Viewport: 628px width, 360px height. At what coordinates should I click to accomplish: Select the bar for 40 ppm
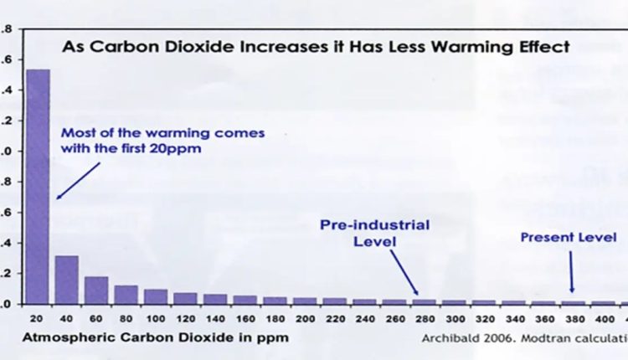pyautogui.click(x=67, y=280)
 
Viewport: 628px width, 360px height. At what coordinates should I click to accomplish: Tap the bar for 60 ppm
pyautogui.click(x=96, y=290)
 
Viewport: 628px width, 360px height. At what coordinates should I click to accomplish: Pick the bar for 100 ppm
pyautogui.click(x=155, y=296)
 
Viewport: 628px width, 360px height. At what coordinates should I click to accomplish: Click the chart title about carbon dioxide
pyautogui.click(x=316, y=47)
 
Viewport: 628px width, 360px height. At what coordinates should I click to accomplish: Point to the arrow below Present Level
pyautogui.click(x=571, y=272)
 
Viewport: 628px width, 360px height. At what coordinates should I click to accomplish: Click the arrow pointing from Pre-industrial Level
pyautogui.click(x=404, y=272)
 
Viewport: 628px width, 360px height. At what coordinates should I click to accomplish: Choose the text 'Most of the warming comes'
pyautogui.click(x=162, y=132)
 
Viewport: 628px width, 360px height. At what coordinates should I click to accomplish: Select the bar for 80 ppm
pyautogui.click(x=126, y=294)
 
